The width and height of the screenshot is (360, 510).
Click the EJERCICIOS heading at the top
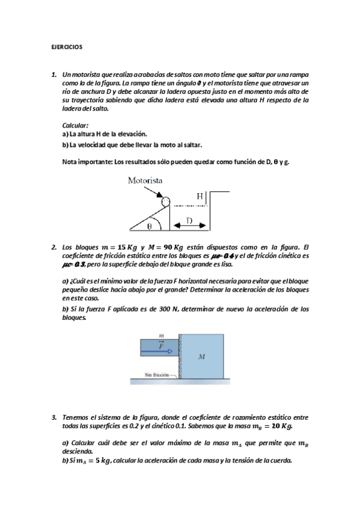point(66,46)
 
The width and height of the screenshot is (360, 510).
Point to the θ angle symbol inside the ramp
point(150,226)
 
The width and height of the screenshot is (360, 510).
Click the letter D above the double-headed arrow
point(189,221)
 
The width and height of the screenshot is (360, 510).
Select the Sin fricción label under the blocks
point(159,375)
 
